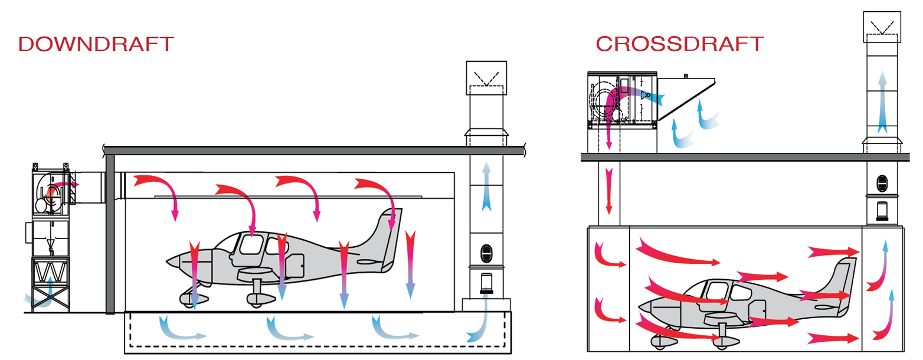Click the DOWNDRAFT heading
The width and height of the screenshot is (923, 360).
pyautogui.click(x=96, y=44)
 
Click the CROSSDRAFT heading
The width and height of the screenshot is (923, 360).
pyautogui.click(x=680, y=44)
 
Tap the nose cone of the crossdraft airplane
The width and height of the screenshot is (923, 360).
pyautogui.click(x=643, y=307)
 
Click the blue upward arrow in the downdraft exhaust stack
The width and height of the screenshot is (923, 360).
pyautogui.click(x=486, y=186)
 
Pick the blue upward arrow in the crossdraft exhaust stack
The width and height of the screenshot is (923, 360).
pyautogui.click(x=882, y=100)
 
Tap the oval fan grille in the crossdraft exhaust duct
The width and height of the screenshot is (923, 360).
pyautogui.click(x=882, y=184)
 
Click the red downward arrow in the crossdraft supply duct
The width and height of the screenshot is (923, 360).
pyautogui.click(x=609, y=192)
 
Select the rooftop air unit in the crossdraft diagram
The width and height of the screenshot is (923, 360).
pyautogui.click(x=622, y=100)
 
